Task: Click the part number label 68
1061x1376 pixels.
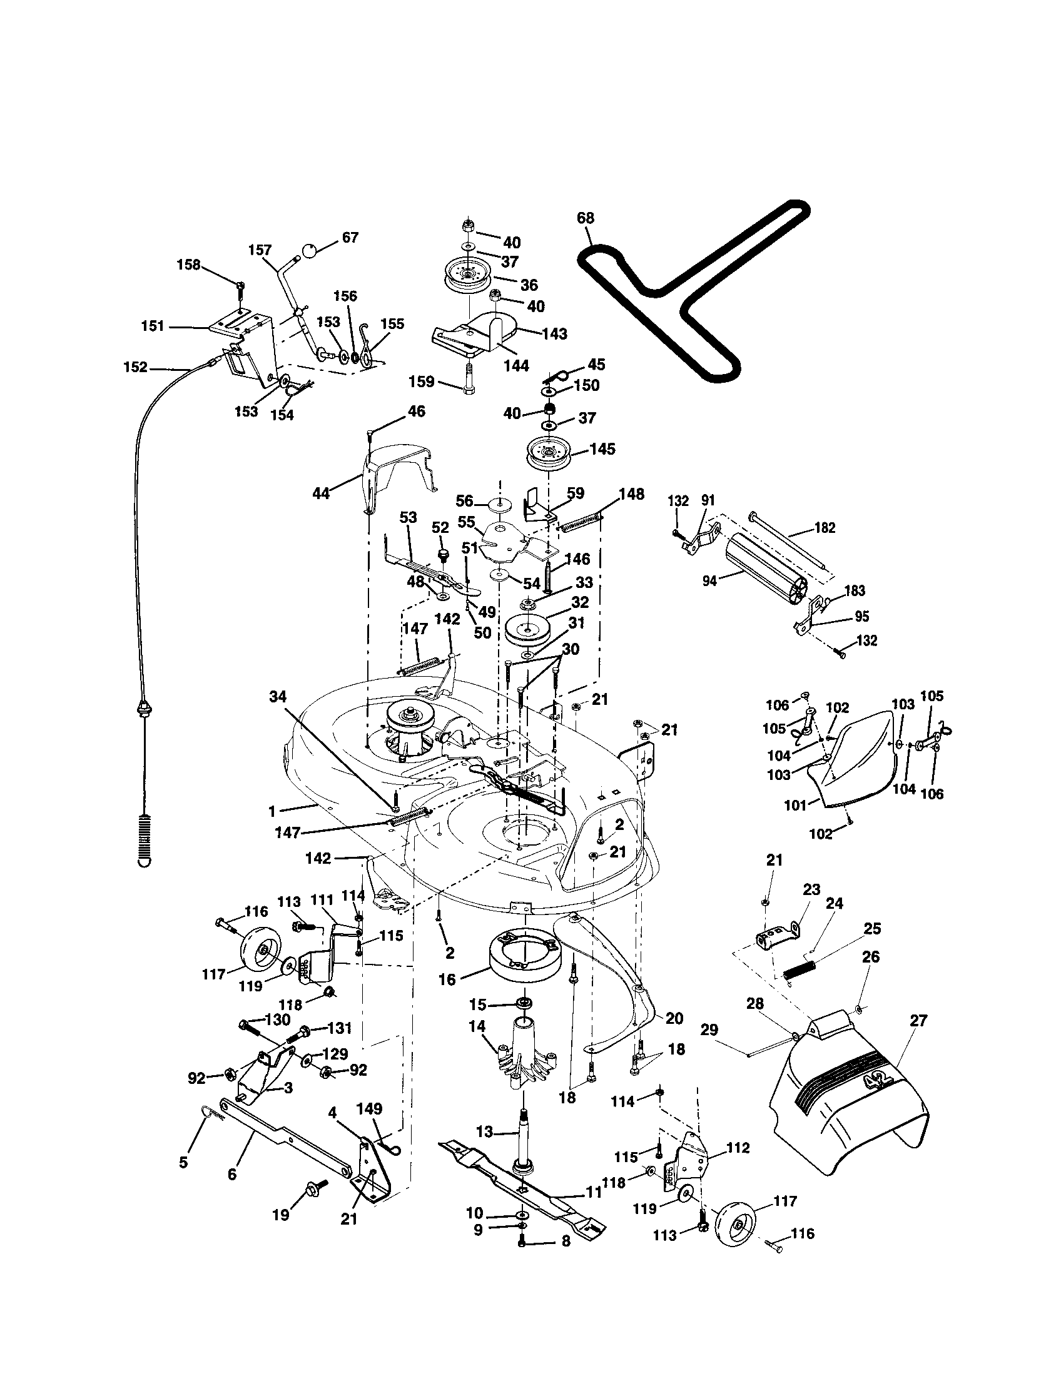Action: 586,218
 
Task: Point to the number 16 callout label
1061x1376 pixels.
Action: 447,980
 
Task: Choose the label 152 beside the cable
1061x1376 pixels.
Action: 136,367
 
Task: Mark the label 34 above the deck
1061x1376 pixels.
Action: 278,696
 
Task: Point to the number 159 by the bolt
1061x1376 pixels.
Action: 422,381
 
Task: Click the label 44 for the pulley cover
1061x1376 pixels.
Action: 322,493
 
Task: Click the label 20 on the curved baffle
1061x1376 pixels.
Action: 674,1018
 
